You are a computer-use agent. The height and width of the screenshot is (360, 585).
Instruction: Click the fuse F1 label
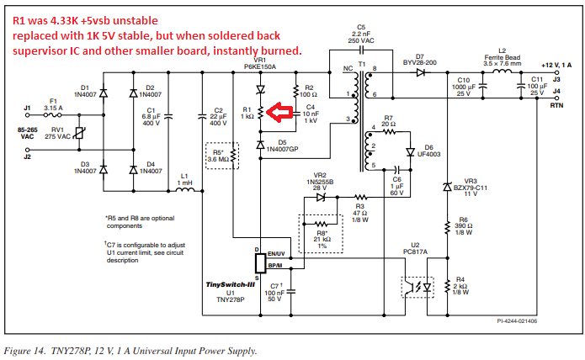pyautogui.click(x=53, y=101)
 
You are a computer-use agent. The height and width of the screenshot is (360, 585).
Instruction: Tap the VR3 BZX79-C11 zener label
pyautogui.click(x=471, y=186)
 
